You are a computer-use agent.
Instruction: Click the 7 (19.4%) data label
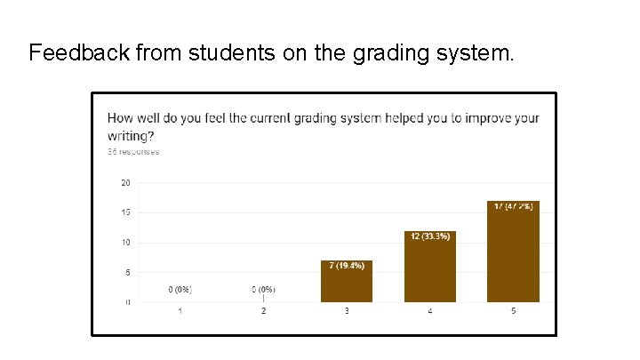coord(347,266)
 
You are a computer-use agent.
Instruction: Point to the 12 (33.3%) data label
coord(430,236)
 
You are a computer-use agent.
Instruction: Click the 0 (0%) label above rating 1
coord(180,289)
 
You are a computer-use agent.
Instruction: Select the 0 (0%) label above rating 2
coord(263,289)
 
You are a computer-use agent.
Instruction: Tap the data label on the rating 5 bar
coord(514,206)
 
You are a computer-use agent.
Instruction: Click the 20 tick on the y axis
coord(125,183)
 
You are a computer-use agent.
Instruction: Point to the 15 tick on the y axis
coord(125,212)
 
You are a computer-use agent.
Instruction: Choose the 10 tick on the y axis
coord(125,243)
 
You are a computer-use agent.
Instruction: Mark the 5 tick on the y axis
coord(127,273)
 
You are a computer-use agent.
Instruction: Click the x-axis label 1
coord(180,311)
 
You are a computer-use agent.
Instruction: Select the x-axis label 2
coord(263,311)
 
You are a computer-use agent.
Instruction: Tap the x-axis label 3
coord(347,311)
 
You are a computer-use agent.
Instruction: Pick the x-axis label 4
coord(430,311)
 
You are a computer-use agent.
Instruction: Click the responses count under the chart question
coord(133,152)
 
